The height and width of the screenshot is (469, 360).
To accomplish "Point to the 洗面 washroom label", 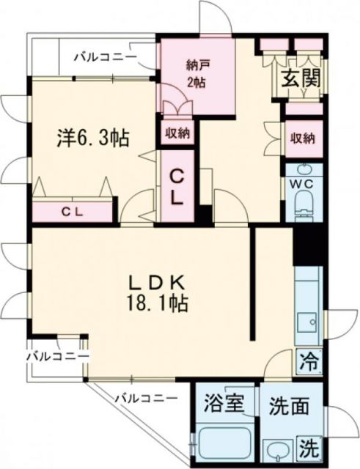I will pyautogui.click(x=284, y=405).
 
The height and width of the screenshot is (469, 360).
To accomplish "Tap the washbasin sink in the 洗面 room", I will pyautogui.click(x=279, y=449).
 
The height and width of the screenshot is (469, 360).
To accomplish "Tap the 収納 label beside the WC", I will pyautogui.click(x=304, y=138).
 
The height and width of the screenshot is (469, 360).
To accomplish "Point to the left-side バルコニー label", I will pyautogui.click(x=57, y=356).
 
